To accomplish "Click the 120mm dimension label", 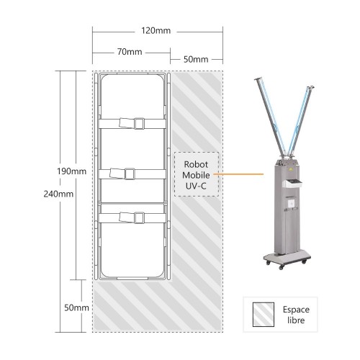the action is point(156,31).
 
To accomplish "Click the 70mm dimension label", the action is point(130,52).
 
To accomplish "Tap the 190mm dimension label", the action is point(71,171).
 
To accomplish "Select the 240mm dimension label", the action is point(58,194).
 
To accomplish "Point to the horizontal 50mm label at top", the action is point(196,59).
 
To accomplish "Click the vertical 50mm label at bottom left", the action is point(76,307).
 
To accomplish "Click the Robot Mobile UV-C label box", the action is point(197,174).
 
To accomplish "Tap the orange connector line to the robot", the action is point(238,174).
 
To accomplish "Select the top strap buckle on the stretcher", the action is point(139,124).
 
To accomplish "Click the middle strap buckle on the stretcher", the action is point(130,174).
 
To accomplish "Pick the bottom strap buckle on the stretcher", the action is point(139,218).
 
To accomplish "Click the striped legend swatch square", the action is point(264,315).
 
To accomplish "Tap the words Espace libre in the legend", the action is point(296,315).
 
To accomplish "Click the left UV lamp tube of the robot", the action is point(271,116).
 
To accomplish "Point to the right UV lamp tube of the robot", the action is point(301,120).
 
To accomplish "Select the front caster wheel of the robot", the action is point(282,266).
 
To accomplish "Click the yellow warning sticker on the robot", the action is point(291,169).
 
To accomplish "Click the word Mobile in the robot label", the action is point(196,175).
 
